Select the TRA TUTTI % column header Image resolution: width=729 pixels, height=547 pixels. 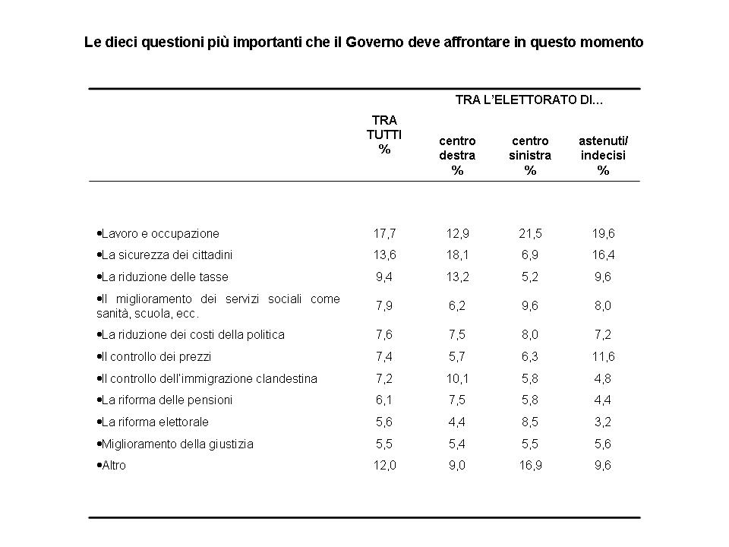click(384, 134)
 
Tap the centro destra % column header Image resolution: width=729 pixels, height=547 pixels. click(457, 155)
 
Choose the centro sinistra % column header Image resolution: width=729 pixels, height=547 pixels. click(530, 155)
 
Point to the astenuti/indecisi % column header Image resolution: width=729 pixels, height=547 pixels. click(603, 155)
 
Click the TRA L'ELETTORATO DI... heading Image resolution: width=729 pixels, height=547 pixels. click(529, 100)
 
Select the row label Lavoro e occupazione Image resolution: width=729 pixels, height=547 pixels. click(158, 233)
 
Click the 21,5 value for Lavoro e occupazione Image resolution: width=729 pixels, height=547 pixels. click(530, 233)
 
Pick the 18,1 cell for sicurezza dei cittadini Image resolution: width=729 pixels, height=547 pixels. click(457, 255)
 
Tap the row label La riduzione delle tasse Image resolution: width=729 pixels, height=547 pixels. click(163, 277)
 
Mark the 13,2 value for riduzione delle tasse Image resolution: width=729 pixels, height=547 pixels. click(457, 277)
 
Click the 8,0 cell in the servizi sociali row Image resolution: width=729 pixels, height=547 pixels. click(603, 305)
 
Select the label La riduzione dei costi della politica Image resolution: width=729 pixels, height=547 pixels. click(191, 334)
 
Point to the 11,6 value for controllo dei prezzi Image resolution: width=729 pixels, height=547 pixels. click(603, 357)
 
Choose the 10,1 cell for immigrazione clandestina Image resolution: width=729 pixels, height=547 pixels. click(457, 378)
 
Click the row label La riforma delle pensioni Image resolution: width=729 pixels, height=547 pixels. click(165, 400)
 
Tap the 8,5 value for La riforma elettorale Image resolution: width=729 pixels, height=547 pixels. click(530, 422)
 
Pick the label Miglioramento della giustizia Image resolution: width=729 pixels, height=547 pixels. click(175, 444)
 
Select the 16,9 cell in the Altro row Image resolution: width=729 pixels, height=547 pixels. click(530, 465)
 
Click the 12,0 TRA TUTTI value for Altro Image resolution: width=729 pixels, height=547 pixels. click(384, 465)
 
